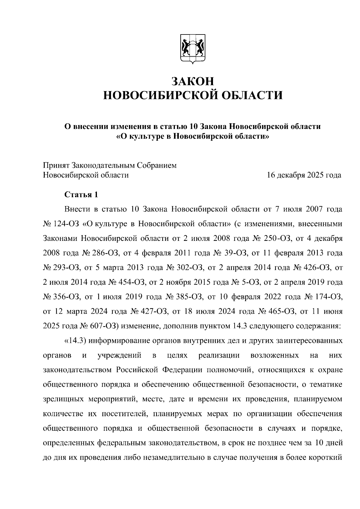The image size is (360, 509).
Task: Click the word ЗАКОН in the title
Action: (193, 81)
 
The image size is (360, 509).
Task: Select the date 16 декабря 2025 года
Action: (304, 175)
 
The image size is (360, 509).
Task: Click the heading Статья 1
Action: (81, 195)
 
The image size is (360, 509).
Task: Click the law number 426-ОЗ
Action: (316, 268)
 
